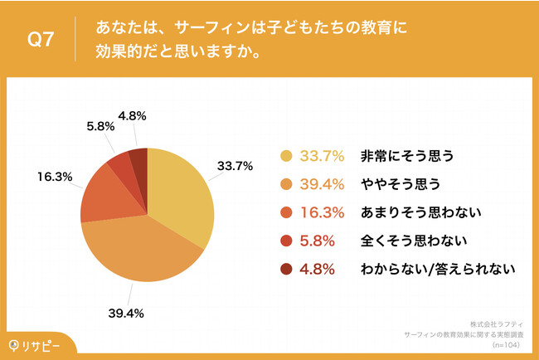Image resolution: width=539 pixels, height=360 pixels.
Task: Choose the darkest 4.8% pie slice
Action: (x=138, y=158)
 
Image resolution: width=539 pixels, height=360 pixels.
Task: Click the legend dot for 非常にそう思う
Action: (x=287, y=155)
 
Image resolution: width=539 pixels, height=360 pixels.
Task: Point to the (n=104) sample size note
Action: (x=508, y=341)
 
